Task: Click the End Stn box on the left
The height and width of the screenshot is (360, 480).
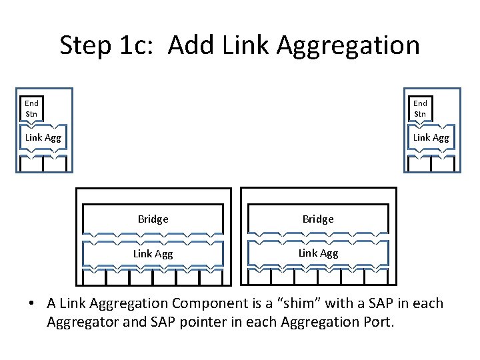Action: pyautogui.click(x=31, y=108)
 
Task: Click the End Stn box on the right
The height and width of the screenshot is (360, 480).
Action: pyautogui.click(x=420, y=108)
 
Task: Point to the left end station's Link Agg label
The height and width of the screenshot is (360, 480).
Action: pyautogui.click(x=43, y=137)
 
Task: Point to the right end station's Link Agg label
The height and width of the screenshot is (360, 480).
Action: pyautogui.click(x=431, y=137)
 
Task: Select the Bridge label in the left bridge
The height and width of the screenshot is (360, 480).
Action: pyautogui.click(x=153, y=219)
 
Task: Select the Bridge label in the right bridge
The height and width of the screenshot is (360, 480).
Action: pyautogui.click(x=318, y=219)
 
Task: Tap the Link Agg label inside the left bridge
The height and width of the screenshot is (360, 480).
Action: pyautogui.click(x=153, y=253)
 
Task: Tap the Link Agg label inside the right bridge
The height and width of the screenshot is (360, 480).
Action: pyautogui.click(x=318, y=253)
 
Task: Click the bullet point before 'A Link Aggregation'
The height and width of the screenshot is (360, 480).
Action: pyautogui.click(x=31, y=304)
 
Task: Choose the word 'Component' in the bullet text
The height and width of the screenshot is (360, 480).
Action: pyautogui.click(x=206, y=303)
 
